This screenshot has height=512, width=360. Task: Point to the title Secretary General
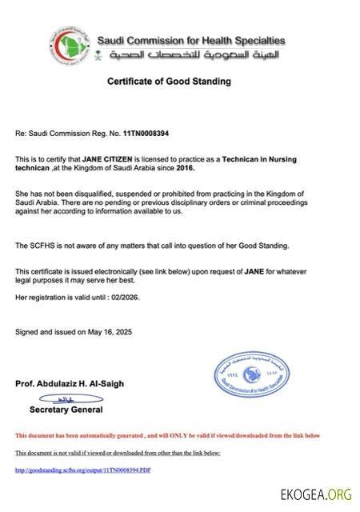[66, 410]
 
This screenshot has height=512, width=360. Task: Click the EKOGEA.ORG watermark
[316, 495]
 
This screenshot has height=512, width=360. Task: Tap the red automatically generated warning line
[167, 435]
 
